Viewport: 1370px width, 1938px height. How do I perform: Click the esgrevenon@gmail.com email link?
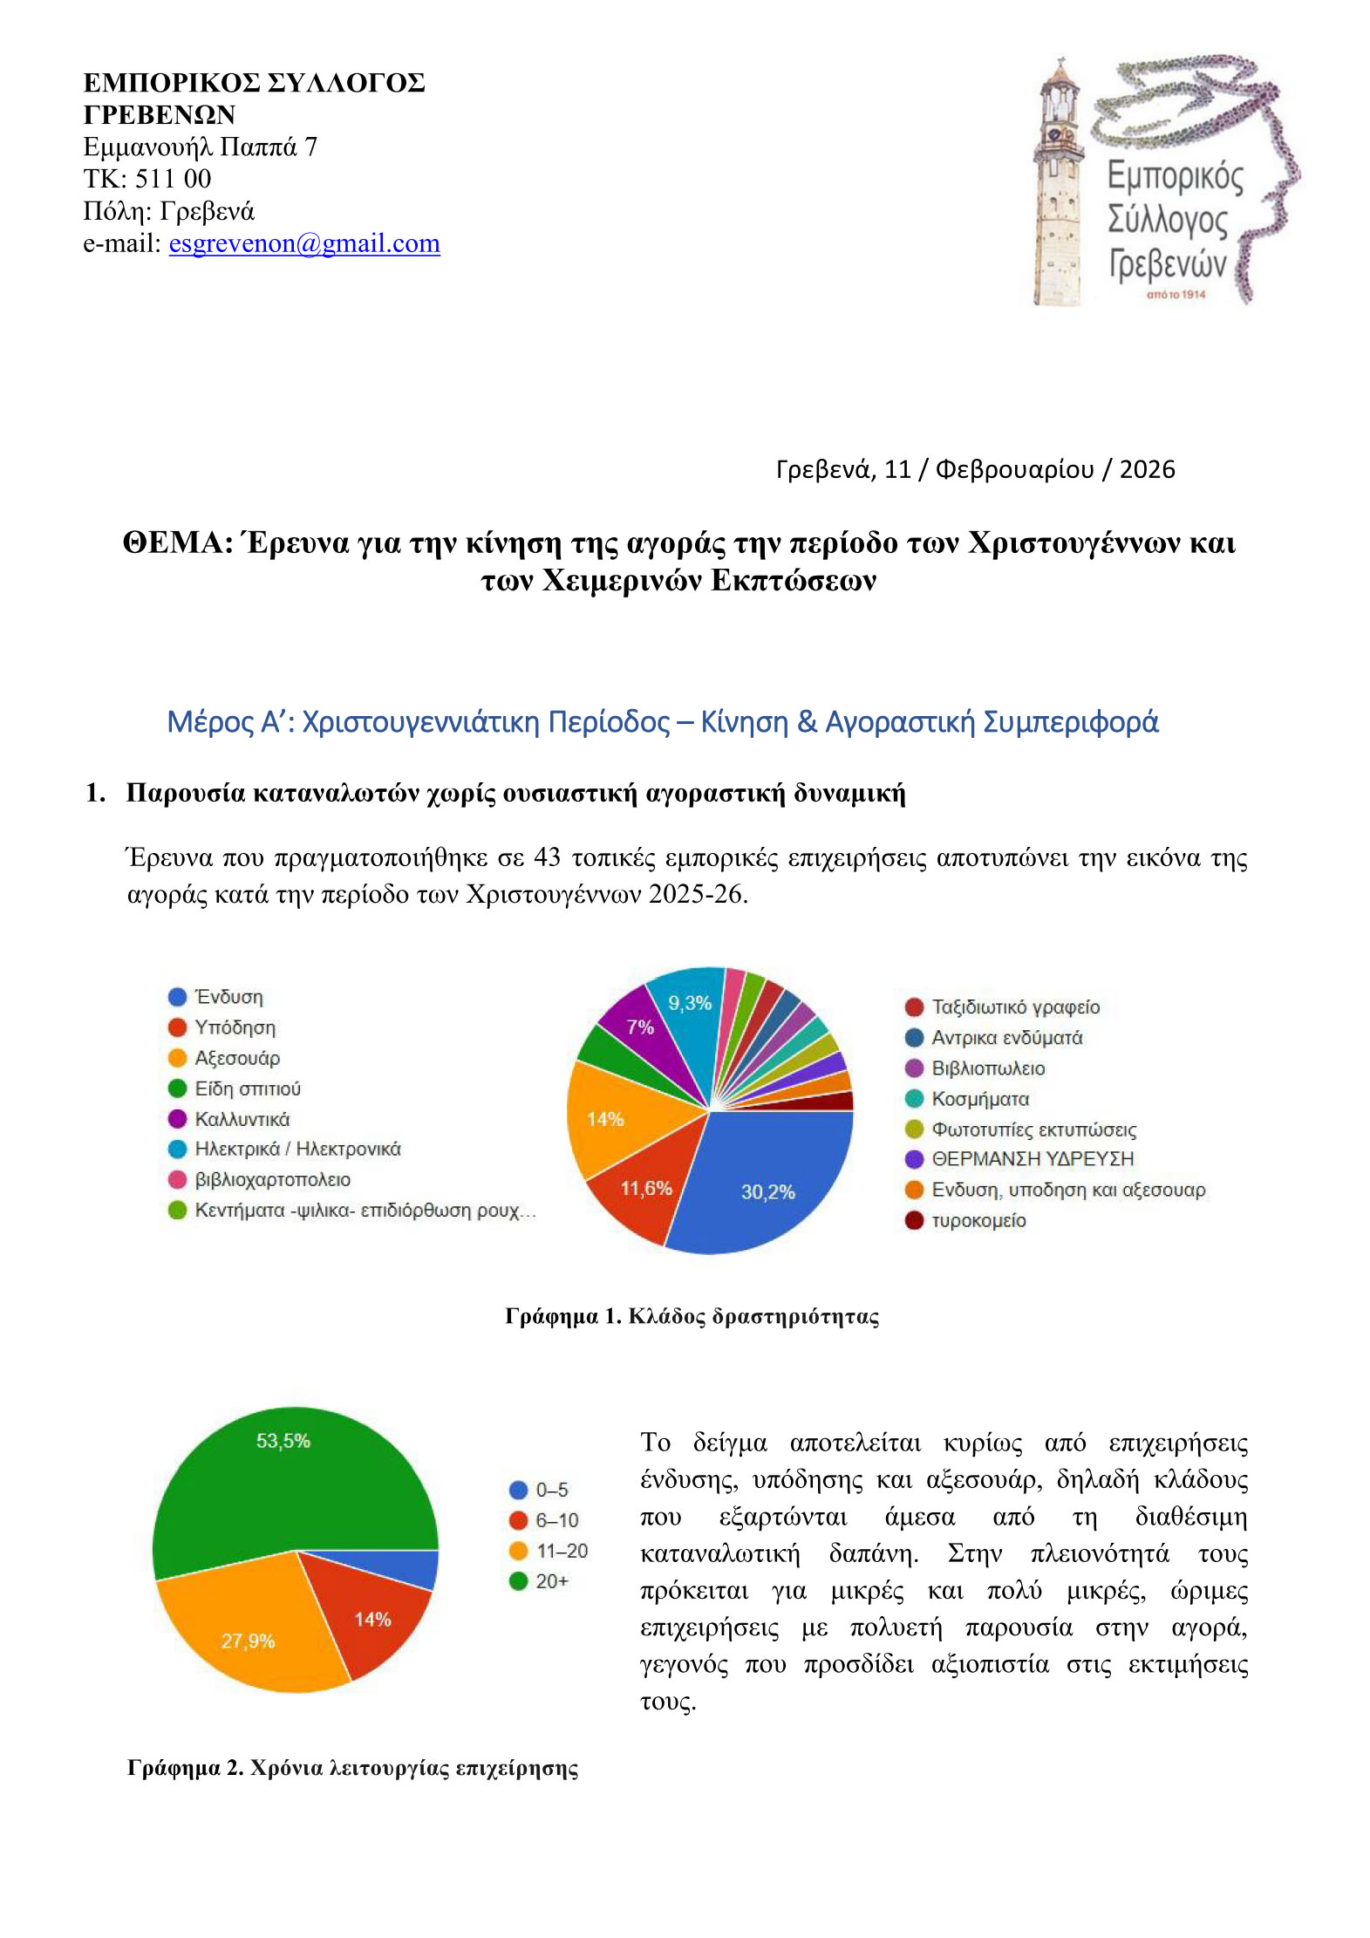(303, 243)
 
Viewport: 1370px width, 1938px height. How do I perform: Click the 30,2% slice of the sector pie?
(767, 1186)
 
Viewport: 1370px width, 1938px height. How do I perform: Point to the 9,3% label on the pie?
(690, 1003)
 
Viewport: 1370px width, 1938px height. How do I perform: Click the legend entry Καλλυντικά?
(242, 1119)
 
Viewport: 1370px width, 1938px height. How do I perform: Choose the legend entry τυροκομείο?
(978, 1220)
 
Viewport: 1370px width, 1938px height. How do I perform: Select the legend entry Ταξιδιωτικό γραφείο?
(1014, 1007)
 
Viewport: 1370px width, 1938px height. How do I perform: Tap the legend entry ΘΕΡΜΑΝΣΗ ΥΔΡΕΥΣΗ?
(1032, 1159)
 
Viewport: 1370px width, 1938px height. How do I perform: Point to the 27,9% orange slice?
(248, 1640)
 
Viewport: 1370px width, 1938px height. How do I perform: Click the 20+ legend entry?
(550, 1581)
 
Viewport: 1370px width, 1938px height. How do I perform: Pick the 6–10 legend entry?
(555, 1520)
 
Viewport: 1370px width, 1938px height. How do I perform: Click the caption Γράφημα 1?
(562, 1316)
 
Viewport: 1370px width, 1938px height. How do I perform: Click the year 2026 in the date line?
(1147, 470)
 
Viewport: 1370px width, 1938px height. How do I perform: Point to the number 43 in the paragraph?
(547, 858)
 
